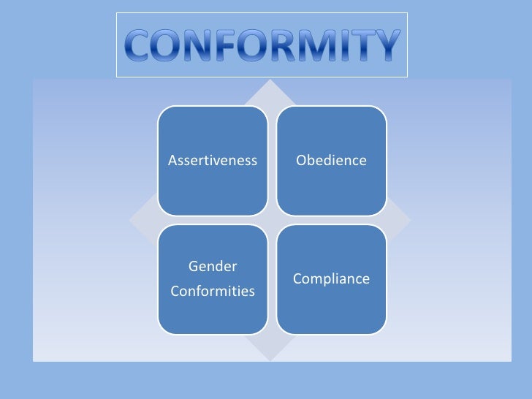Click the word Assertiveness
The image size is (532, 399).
coord(213,160)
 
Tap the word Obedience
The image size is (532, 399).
coord(331,160)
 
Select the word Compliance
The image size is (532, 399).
coord(331,279)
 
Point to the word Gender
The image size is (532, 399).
coord(213,266)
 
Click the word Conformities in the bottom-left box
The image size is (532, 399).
coord(213,292)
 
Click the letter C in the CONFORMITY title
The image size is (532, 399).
coord(137,45)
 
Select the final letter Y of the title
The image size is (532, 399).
coord(384,45)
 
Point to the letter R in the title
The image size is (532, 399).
coord(270,45)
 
